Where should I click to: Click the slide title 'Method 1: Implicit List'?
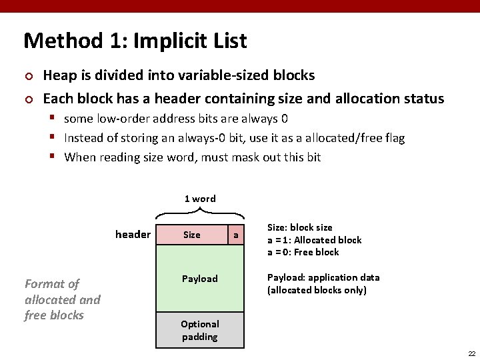pyautogui.click(x=135, y=41)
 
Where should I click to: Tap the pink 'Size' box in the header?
pyautogui.click(x=192, y=235)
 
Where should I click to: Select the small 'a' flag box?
pyautogui.click(x=235, y=235)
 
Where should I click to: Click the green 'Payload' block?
pyautogui.click(x=200, y=279)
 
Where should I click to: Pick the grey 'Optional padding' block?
pyautogui.click(x=200, y=330)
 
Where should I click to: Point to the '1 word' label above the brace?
pyautogui.click(x=200, y=199)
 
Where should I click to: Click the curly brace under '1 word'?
pyautogui.click(x=200, y=213)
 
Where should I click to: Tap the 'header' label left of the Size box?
pyautogui.click(x=133, y=234)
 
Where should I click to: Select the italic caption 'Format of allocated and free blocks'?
pyautogui.click(x=62, y=299)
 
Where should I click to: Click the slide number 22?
pyautogui.click(x=471, y=353)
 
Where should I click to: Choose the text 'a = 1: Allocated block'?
pyautogui.click(x=314, y=240)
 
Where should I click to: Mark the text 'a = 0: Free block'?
pyautogui.click(x=303, y=252)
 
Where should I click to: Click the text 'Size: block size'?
pyautogui.click(x=299, y=227)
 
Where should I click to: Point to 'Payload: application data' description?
pyautogui.click(x=323, y=277)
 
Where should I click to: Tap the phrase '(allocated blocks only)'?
pyautogui.click(x=317, y=290)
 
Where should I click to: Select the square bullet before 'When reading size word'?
pyautogui.click(x=55, y=157)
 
